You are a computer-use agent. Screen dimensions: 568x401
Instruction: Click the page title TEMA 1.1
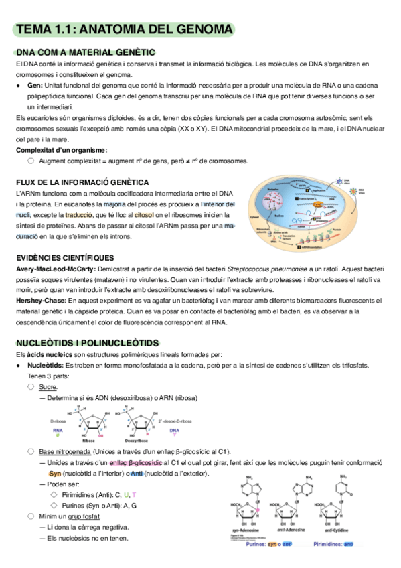(x=125, y=30)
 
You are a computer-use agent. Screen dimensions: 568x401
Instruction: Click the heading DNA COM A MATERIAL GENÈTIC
(x=86, y=52)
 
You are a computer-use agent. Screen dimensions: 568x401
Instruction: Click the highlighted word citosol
(x=144, y=214)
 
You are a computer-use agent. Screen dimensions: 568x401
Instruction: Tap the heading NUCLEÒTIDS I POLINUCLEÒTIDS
(x=88, y=342)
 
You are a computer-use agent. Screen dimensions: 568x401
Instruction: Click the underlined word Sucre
(x=48, y=386)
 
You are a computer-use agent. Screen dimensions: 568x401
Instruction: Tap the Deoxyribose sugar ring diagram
(x=145, y=425)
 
